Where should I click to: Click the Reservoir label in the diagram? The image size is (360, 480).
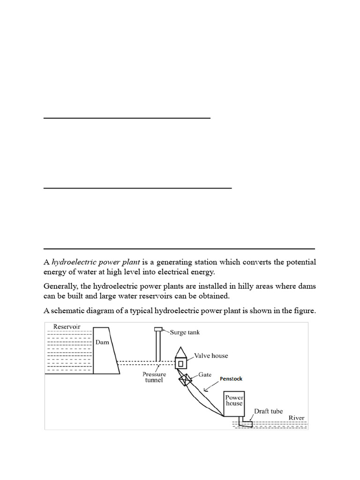tap(67, 327)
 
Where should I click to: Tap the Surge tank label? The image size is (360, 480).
tap(185, 332)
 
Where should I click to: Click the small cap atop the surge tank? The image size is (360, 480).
tap(158, 329)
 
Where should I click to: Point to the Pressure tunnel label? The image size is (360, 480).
tap(154, 377)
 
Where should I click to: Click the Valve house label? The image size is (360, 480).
tap(211, 356)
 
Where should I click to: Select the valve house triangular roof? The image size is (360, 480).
tap(180, 352)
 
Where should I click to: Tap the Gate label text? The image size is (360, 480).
tap(205, 375)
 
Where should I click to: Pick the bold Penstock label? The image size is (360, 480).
tap(231, 378)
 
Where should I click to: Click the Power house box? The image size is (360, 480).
tap(234, 401)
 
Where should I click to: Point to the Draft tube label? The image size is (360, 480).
tap(268, 411)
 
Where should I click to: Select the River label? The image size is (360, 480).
tap(296, 418)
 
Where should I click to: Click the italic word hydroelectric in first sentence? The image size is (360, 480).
tap(73, 262)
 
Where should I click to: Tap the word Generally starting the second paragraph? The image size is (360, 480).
tap(60, 286)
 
